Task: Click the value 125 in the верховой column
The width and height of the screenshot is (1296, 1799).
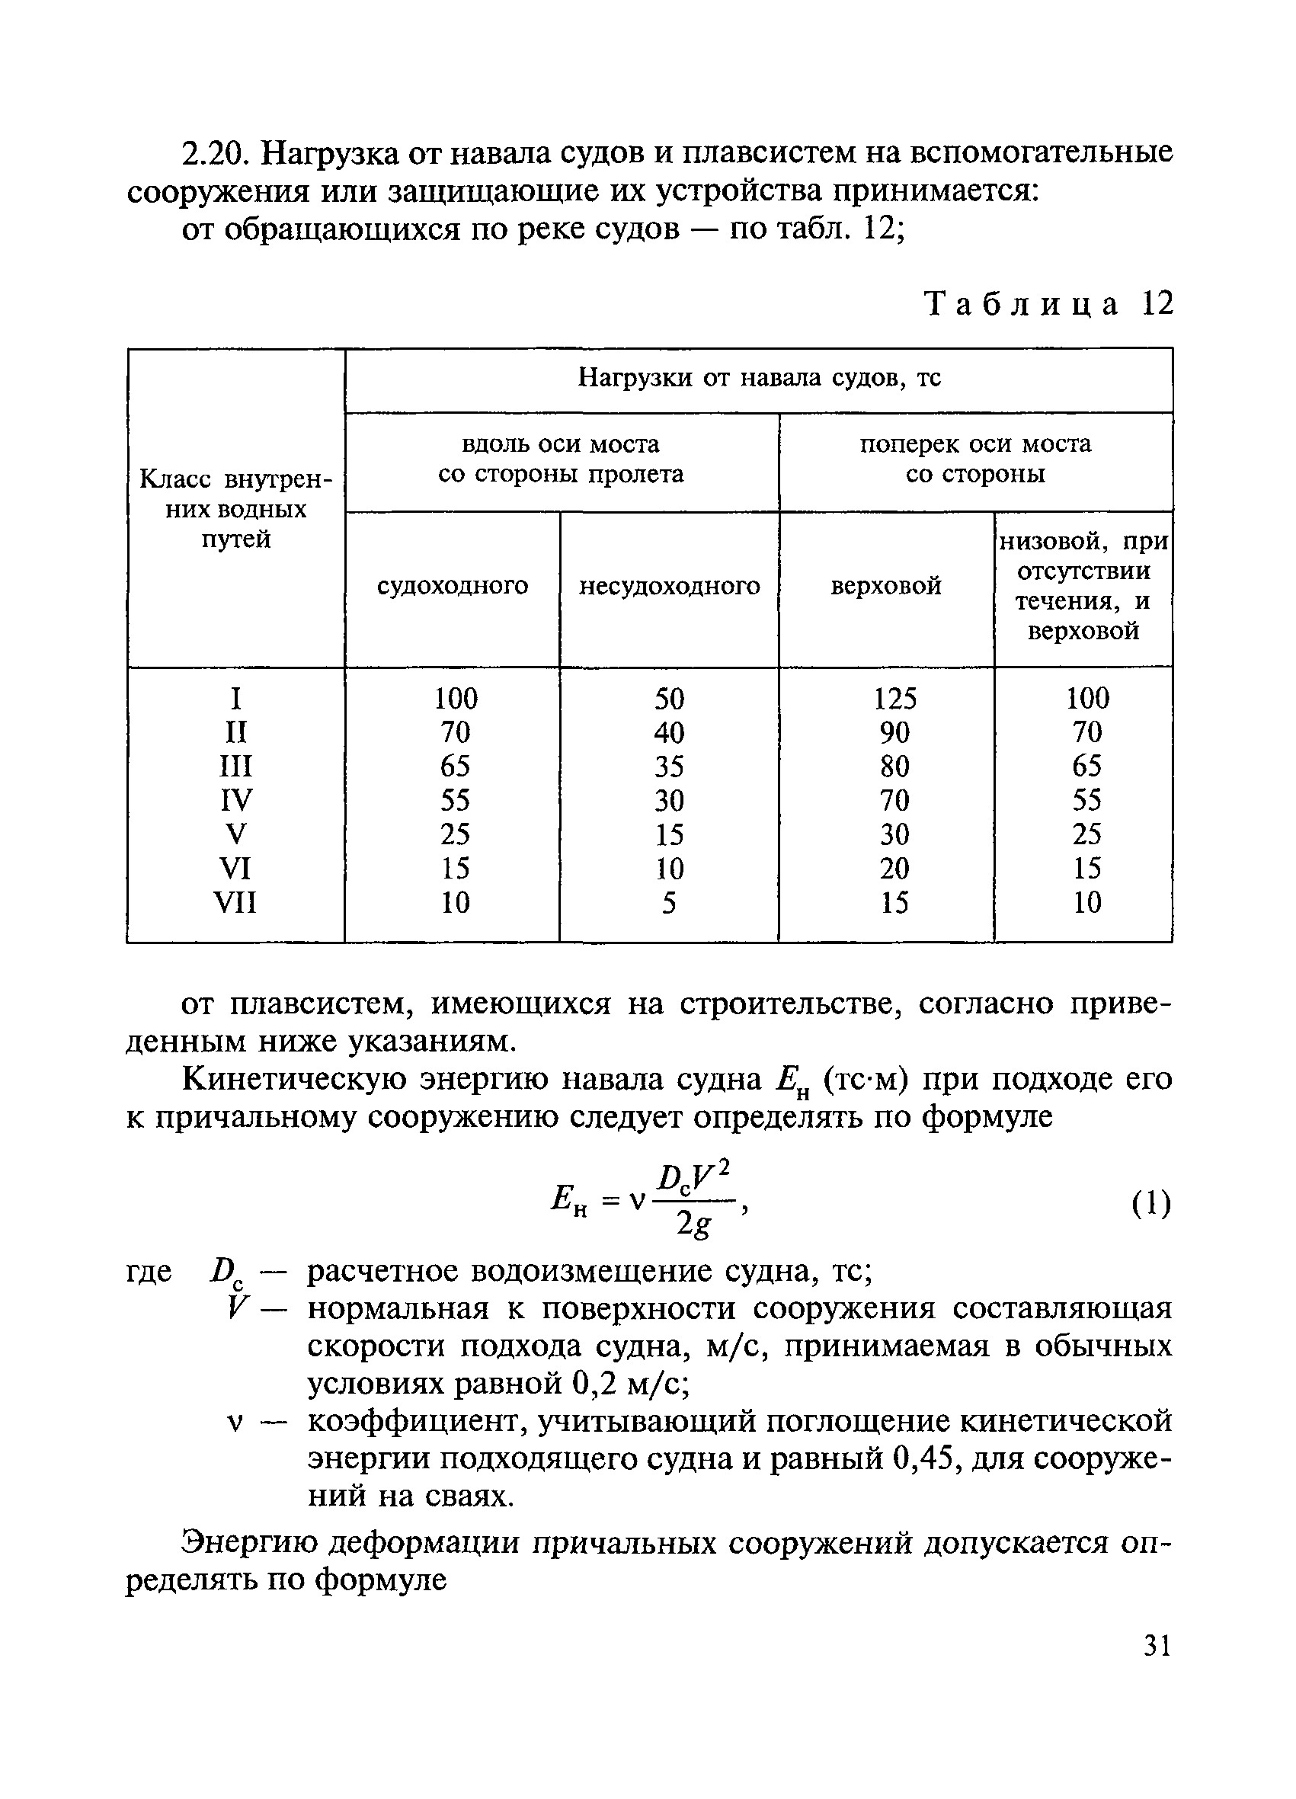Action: (x=894, y=699)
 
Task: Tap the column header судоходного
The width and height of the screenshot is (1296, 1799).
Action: (x=452, y=586)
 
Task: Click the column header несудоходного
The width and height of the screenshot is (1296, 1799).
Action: (x=670, y=586)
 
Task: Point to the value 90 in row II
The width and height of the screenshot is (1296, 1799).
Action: (x=894, y=732)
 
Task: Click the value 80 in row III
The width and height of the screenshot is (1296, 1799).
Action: (x=894, y=767)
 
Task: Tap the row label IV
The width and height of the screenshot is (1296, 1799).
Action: (x=235, y=800)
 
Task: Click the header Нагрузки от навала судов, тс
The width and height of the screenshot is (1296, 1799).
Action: (x=759, y=379)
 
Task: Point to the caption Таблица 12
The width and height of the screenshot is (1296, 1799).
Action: (x=1048, y=304)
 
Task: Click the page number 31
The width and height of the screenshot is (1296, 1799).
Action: (x=1157, y=1647)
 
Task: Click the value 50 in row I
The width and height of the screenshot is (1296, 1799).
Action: (x=669, y=699)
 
